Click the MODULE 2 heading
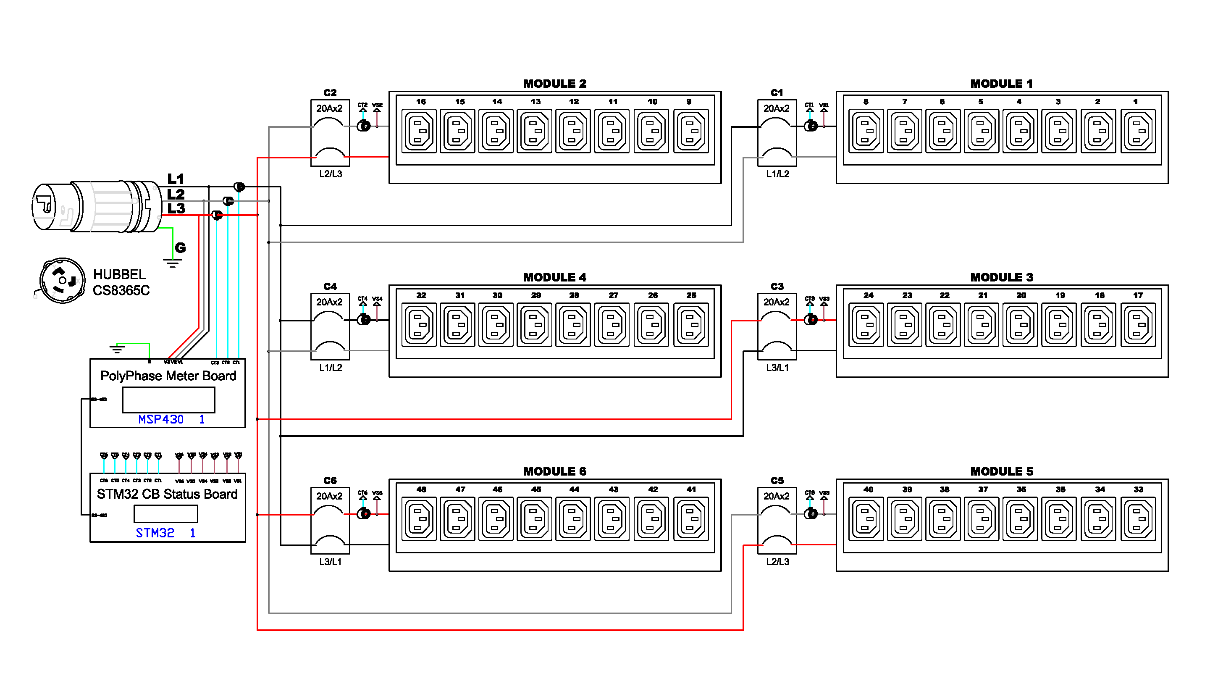pyautogui.click(x=555, y=84)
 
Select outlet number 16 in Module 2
pyautogui.click(x=420, y=131)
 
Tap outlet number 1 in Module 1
pyautogui.click(x=1138, y=131)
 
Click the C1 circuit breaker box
pyautogui.click(x=777, y=132)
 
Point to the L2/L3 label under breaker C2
pyautogui.click(x=331, y=174)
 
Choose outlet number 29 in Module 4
pyautogui.click(x=535, y=325)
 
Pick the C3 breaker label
pyautogui.click(x=777, y=286)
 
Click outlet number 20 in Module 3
pyautogui.click(x=1020, y=325)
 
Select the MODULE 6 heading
pyautogui.click(x=555, y=471)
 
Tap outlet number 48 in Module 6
pyautogui.click(x=420, y=518)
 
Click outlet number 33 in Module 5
pyautogui.click(x=1138, y=518)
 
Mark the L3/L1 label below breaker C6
pyautogui.click(x=331, y=561)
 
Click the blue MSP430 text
pyautogui.click(x=160, y=419)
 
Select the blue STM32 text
pyautogui.click(x=155, y=533)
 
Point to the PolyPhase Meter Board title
pyautogui.click(x=168, y=376)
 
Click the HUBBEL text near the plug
pyautogui.click(x=119, y=274)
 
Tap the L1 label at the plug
pyautogui.click(x=176, y=179)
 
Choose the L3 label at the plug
pyautogui.click(x=176, y=208)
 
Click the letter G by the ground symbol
pyautogui.click(x=180, y=247)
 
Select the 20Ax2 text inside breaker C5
pyautogui.click(x=777, y=496)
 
